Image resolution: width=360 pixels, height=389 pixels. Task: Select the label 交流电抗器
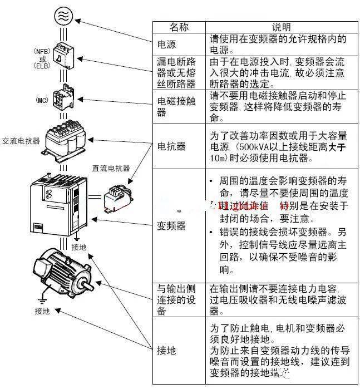[21, 141]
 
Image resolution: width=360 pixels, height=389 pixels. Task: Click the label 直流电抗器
[111, 168]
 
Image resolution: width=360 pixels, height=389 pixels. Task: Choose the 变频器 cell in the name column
[170, 226]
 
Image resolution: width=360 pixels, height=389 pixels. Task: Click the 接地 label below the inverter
[79, 247]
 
